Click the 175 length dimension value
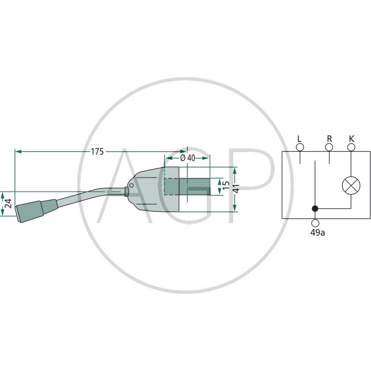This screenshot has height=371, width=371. pos(97,152)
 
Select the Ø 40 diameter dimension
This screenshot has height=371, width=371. pos(188,158)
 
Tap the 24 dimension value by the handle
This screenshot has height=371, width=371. pos(8,204)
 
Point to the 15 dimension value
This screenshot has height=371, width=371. pos(226,185)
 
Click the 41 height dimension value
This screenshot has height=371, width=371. pos(237,189)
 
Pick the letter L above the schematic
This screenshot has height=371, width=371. pos(300,139)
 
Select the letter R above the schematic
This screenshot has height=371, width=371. pos(329,139)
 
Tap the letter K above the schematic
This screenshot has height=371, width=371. pos(352,139)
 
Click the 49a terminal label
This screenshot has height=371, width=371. pos(318,233)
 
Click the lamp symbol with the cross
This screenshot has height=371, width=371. pos(351,185)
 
